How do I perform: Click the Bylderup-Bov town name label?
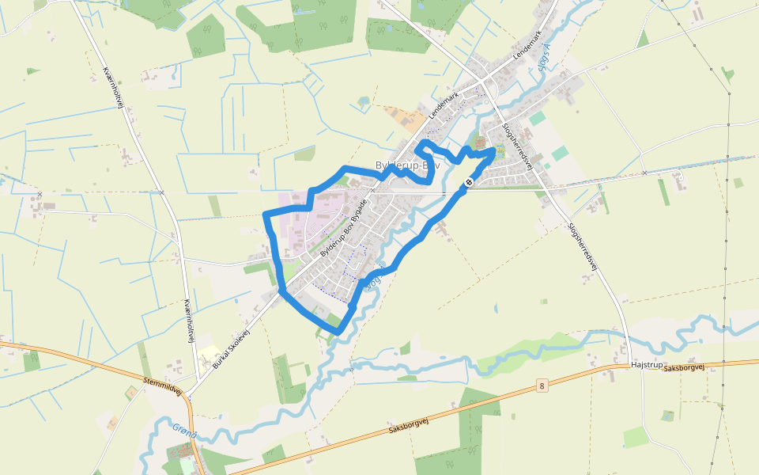[407, 165]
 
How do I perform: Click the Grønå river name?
[184, 431]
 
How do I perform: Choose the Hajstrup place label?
[646, 365]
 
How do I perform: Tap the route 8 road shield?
[542, 386]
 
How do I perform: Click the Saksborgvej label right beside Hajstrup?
[685, 368]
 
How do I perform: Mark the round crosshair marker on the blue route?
[468, 183]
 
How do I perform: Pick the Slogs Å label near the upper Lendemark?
[543, 57]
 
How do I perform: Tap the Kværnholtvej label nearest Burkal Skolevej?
[188, 321]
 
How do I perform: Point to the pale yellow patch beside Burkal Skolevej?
[206, 357]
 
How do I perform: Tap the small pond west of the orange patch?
[363, 101]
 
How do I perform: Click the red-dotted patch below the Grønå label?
[179, 452]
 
